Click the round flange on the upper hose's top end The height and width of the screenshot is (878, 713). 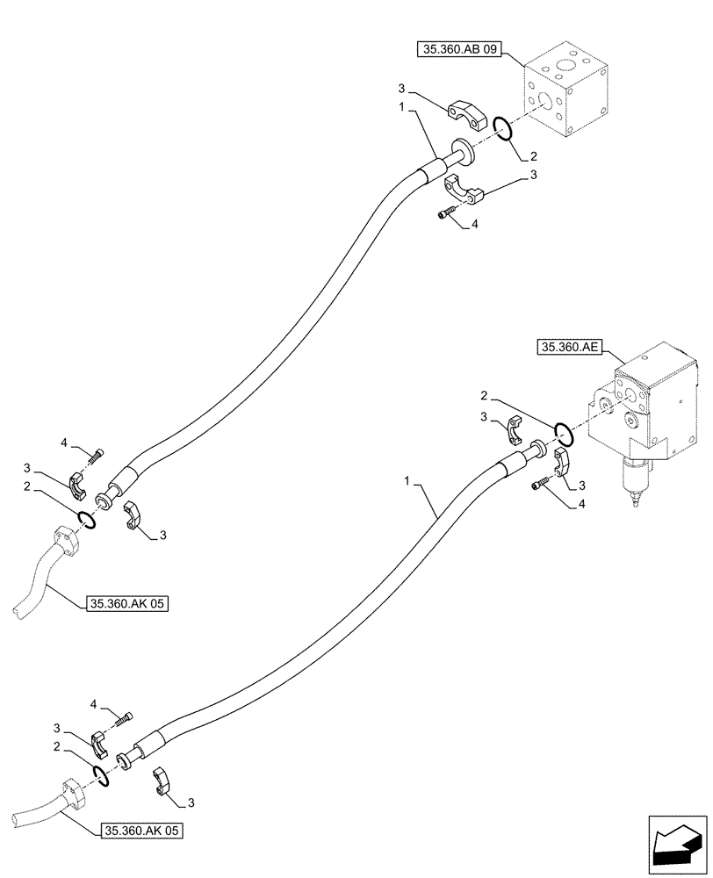pyautogui.click(x=463, y=152)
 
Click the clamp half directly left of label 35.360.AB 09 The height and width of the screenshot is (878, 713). pyautogui.click(x=463, y=115)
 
